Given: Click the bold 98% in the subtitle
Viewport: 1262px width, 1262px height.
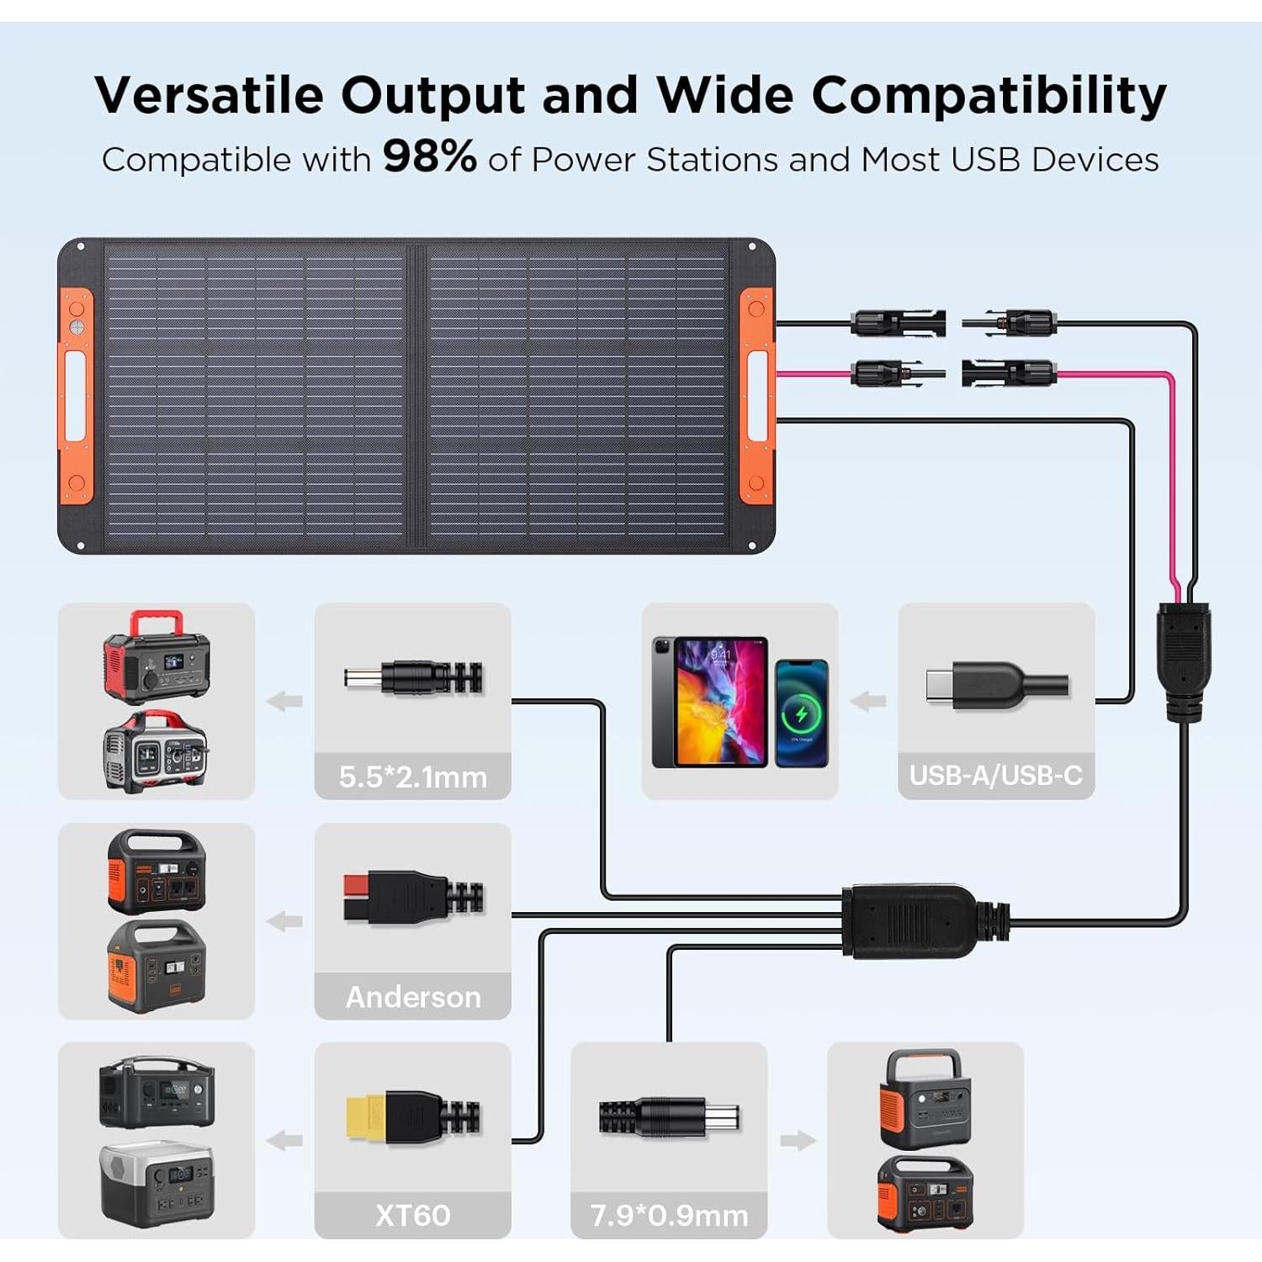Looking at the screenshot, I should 429,156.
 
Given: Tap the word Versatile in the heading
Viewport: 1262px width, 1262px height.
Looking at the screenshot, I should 209,94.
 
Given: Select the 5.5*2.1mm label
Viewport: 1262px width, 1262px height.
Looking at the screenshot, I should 412,777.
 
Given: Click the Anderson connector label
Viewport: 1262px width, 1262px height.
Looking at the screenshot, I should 412,997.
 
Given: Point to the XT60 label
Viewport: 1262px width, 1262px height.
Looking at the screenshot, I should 412,1216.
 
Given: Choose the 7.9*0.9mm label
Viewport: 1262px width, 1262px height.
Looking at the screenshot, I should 669,1216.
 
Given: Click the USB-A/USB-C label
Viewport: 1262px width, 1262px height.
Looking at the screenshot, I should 996,775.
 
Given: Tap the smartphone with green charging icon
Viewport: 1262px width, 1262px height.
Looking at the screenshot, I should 801,713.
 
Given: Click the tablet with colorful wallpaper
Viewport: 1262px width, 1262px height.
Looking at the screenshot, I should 711,702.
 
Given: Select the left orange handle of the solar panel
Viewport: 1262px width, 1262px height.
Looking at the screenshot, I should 76,395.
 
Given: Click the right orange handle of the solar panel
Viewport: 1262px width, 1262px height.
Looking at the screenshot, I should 756,395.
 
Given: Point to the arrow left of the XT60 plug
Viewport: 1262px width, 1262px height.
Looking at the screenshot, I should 284,1141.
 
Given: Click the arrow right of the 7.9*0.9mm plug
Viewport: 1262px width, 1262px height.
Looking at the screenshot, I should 798,1141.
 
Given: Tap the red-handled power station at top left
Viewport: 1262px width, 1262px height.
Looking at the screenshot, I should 156,656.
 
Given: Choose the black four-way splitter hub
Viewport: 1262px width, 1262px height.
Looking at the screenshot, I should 913,921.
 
